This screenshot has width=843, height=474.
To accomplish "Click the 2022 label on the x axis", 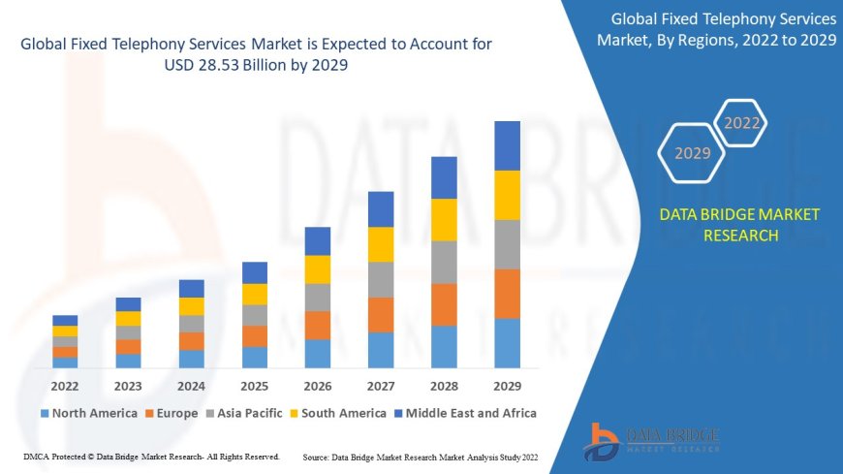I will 65,385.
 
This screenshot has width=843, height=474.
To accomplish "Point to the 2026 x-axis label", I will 318,385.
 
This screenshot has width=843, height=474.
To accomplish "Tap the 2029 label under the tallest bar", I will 507,385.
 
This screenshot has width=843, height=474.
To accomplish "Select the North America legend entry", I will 88,413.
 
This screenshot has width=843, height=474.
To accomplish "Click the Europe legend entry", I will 172,413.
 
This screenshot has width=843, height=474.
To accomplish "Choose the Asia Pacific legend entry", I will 244,413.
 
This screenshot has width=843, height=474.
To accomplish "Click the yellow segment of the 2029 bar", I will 507,195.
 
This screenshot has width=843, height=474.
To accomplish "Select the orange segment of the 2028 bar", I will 444,304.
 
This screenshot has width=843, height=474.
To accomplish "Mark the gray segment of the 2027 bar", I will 381,279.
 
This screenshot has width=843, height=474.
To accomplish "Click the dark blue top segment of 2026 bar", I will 318,241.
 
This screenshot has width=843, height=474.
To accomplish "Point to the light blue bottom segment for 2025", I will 255,358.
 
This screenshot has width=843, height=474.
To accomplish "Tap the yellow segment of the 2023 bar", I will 128,318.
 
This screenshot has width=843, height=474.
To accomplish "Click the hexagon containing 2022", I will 742,123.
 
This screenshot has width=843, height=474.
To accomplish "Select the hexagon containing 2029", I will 692,153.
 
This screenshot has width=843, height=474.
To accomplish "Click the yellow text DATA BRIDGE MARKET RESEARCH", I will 739,225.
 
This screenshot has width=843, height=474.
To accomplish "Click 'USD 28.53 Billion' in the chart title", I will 222,65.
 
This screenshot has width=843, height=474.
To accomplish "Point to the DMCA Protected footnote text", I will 150,456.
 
